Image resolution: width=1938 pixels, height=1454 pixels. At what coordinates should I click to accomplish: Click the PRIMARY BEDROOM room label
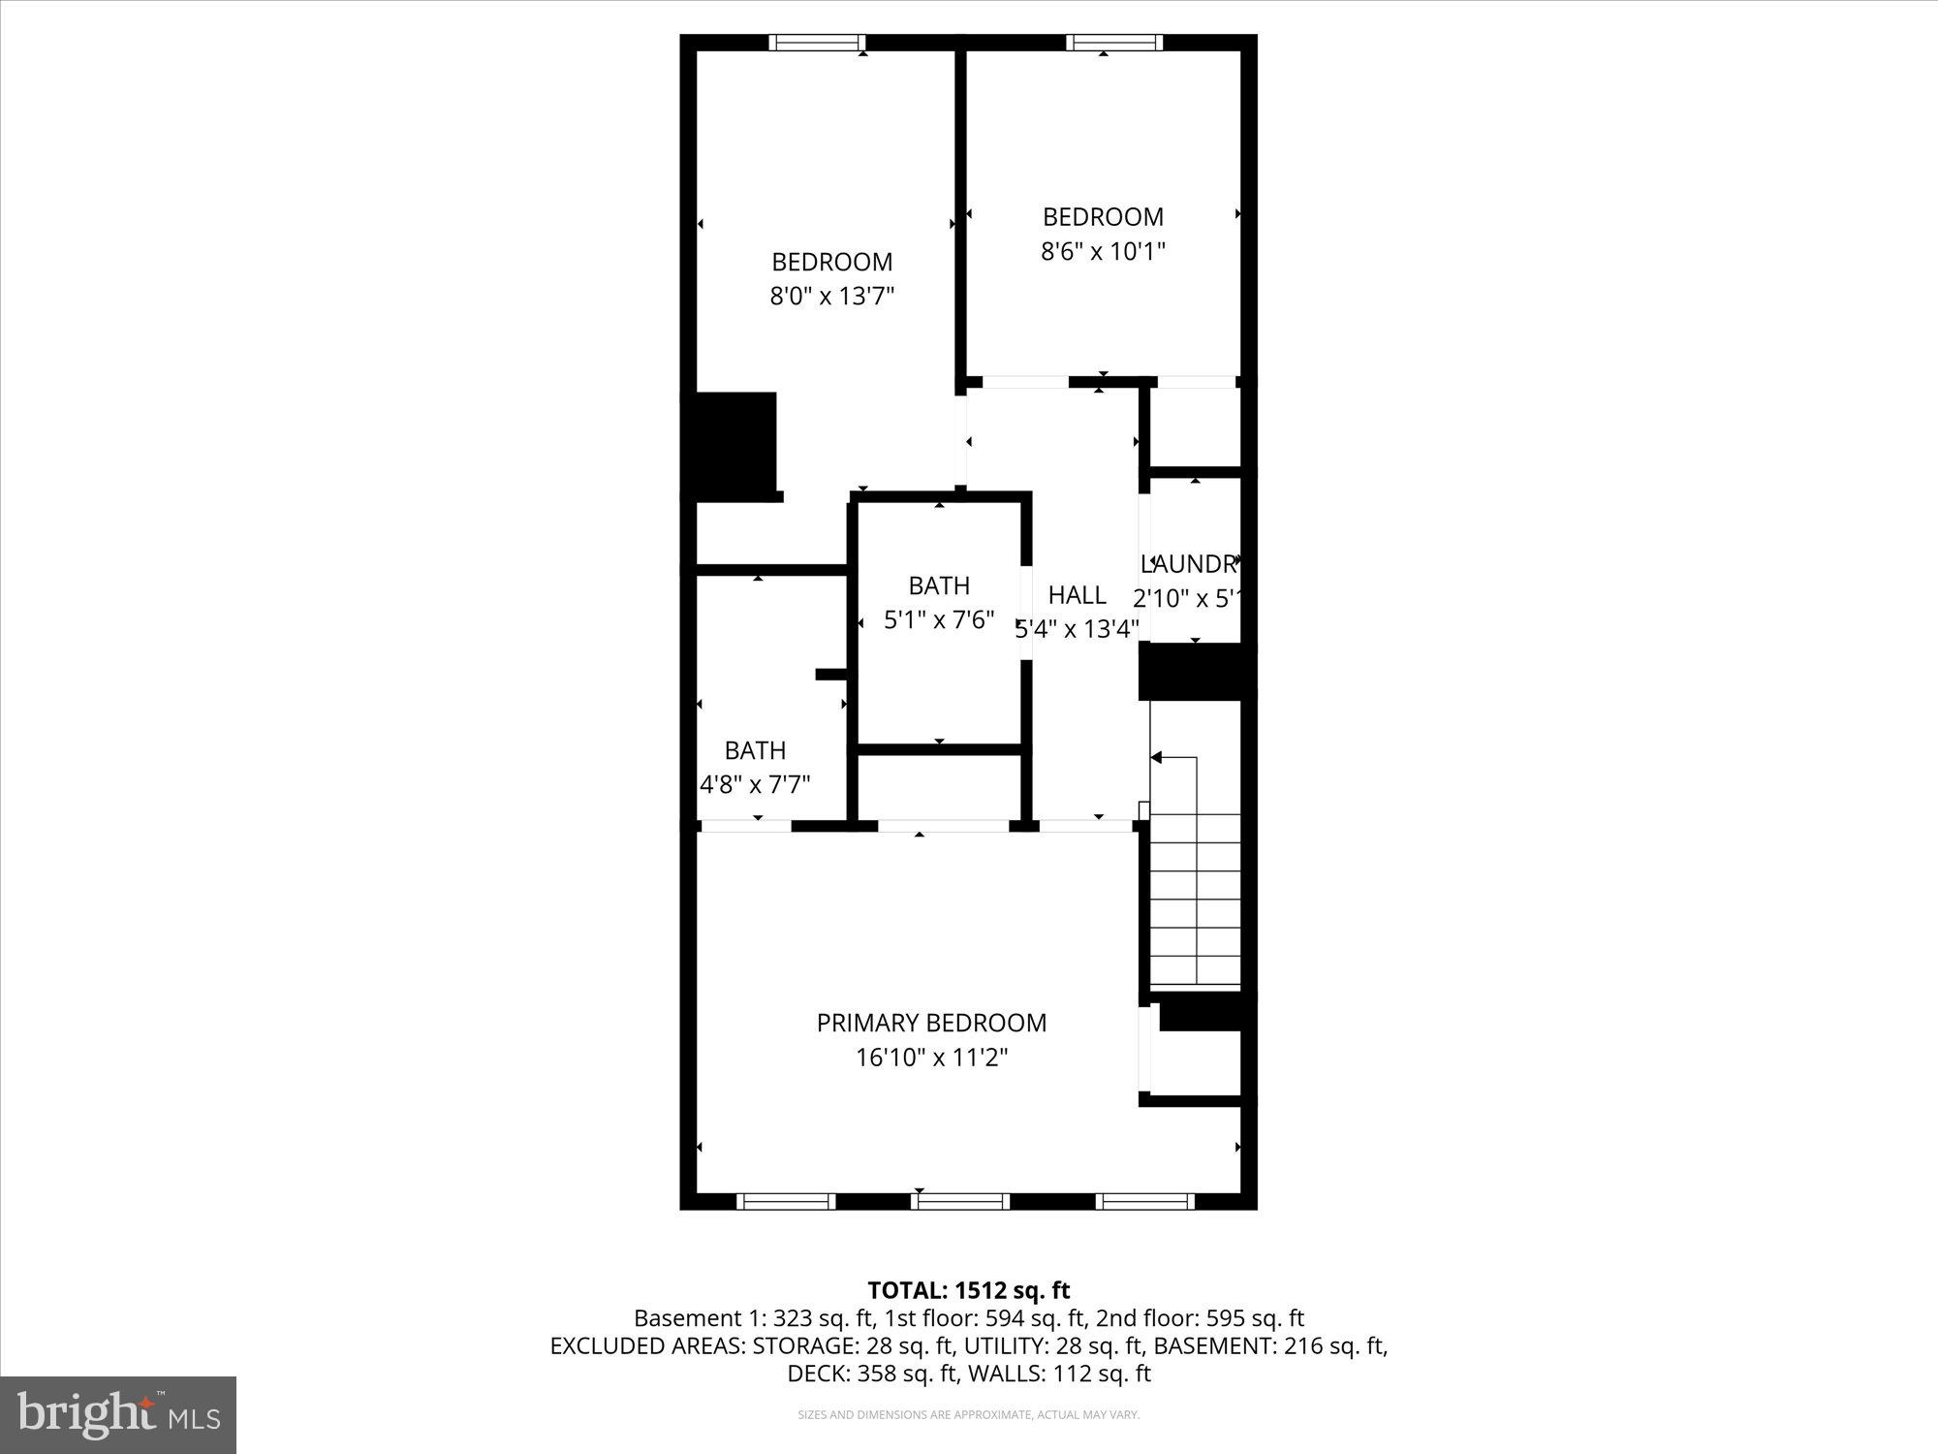pyautogui.click(x=931, y=1023)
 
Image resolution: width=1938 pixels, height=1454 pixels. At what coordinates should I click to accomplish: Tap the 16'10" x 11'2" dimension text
pyautogui.click(x=931, y=1058)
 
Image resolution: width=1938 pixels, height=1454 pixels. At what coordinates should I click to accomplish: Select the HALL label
pyautogui.click(x=1077, y=594)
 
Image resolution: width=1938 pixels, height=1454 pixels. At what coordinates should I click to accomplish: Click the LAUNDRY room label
pyautogui.click(x=1190, y=564)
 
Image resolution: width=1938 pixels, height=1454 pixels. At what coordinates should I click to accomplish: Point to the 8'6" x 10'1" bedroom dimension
pyautogui.click(x=1103, y=252)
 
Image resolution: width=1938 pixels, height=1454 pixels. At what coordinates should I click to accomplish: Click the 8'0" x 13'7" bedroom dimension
pyautogui.click(x=831, y=296)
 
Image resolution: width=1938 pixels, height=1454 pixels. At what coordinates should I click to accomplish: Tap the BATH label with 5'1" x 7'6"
pyautogui.click(x=939, y=585)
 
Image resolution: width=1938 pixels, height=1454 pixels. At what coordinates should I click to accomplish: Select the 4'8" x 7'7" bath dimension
pyautogui.click(x=755, y=784)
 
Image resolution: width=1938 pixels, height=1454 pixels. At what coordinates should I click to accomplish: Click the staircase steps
pyautogui.click(x=1195, y=897)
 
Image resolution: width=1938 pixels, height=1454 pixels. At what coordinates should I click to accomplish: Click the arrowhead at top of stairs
pyautogui.click(x=1157, y=758)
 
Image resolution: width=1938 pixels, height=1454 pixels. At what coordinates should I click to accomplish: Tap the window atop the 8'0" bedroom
pyautogui.click(x=816, y=42)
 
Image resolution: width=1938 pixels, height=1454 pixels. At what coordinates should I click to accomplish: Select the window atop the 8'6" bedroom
pyautogui.click(x=1113, y=42)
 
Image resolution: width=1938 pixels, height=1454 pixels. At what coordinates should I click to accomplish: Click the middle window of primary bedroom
pyautogui.click(x=959, y=1202)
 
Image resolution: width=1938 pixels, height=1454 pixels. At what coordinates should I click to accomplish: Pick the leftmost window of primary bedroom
pyautogui.click(x=785, y=1202)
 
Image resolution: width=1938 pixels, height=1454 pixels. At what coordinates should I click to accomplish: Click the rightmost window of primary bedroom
pyautogui.click(x=1144, y=1202)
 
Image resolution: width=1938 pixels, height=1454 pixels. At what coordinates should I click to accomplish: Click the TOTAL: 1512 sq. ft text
pyautogui.click(x=968, y=1290)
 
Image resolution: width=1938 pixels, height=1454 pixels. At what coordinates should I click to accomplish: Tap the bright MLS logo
pyautogui.click(x=118, y=1415)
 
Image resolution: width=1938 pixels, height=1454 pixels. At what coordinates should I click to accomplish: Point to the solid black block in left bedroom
pyautogui.click(x=734, y=446)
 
